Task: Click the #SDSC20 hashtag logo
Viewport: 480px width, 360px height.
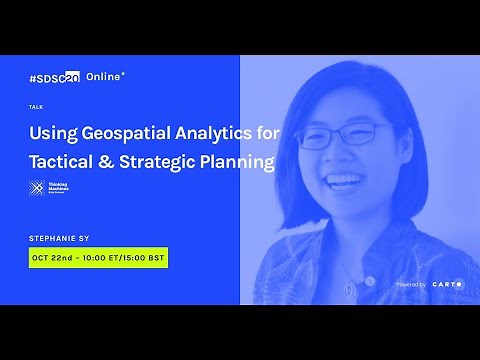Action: tap(55, 76)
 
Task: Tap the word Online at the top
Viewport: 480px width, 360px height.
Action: tap(104, 76)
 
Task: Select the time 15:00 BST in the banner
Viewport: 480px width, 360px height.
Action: tap(143, 258)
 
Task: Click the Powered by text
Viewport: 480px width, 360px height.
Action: tap(411, 285)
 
